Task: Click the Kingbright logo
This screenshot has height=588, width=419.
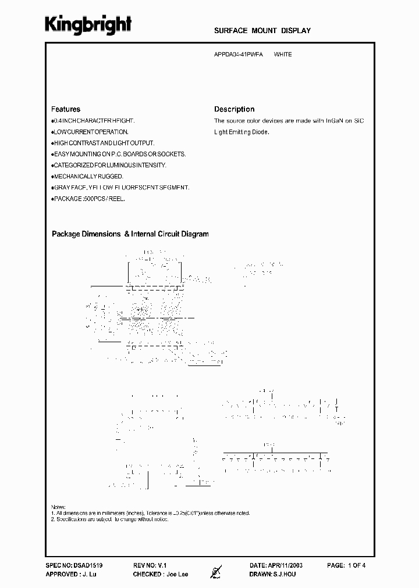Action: (x=88, y=25)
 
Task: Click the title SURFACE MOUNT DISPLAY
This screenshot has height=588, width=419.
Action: (x=262, y=31)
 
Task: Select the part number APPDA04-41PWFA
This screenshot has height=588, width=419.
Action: (x=239, y=55)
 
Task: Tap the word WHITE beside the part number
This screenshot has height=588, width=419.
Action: (x=283, y=55)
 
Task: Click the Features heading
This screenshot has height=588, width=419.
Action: (x=66, y=109)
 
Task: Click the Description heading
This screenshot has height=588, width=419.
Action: (x=234, y=109)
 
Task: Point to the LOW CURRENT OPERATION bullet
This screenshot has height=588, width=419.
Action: (x=90, y=132)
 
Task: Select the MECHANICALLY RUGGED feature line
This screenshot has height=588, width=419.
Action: (x=87, y=176)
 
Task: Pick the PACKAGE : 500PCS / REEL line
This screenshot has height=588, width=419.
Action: (x=88, y=198)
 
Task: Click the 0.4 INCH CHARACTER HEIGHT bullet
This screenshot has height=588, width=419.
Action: (x=93, y=120)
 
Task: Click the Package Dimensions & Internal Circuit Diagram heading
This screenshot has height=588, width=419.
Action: (x=130, y=234)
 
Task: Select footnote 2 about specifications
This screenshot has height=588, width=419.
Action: (x=111, y=519)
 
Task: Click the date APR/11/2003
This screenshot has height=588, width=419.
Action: (x=285, y=565)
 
